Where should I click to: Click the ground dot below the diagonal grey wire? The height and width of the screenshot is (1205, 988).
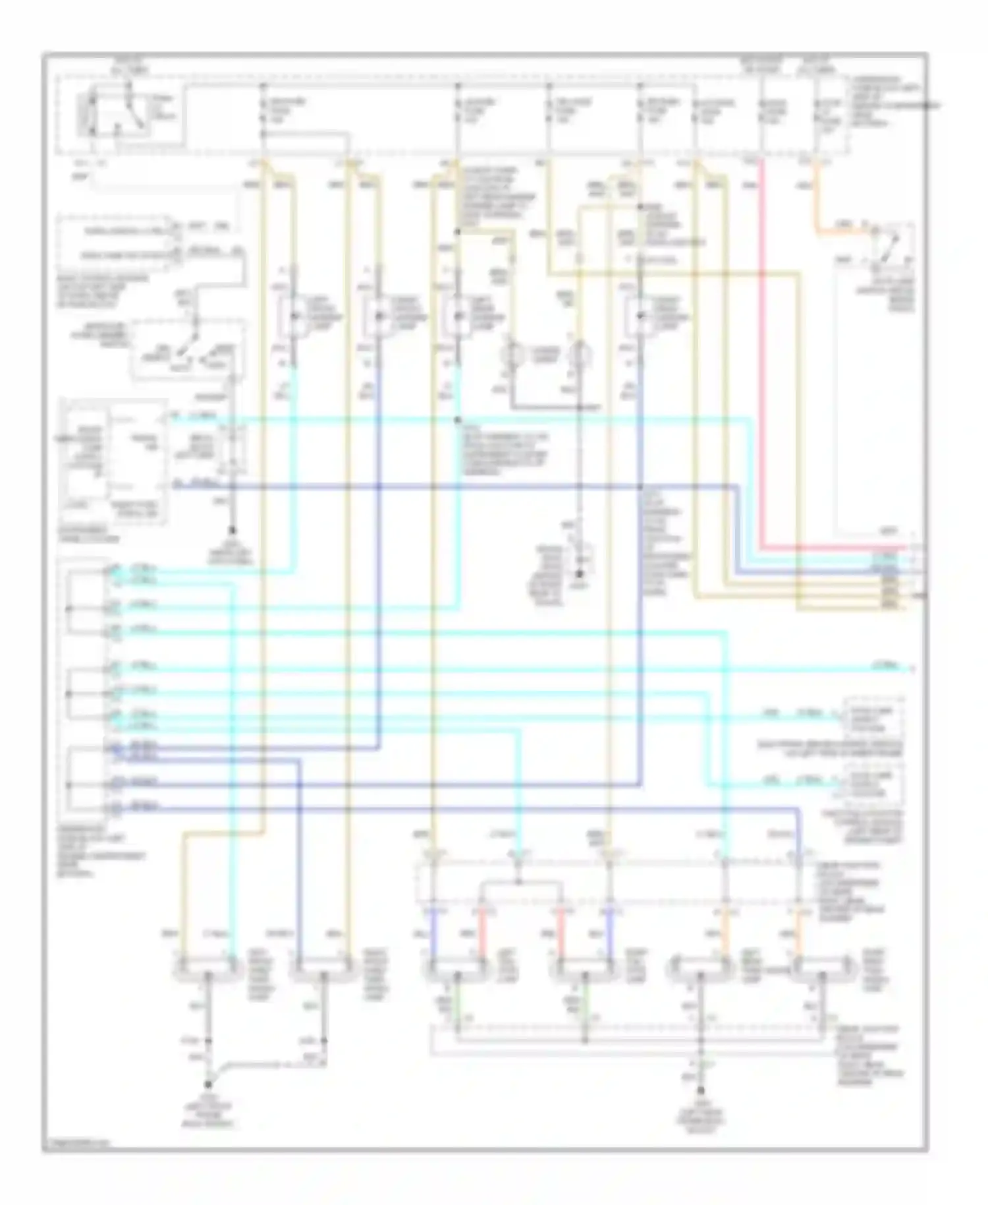coord(209,1084)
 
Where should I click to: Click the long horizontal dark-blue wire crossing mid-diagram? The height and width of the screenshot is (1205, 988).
coord(461,487)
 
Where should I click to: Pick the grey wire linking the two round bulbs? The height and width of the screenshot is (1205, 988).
coord(547,407)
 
